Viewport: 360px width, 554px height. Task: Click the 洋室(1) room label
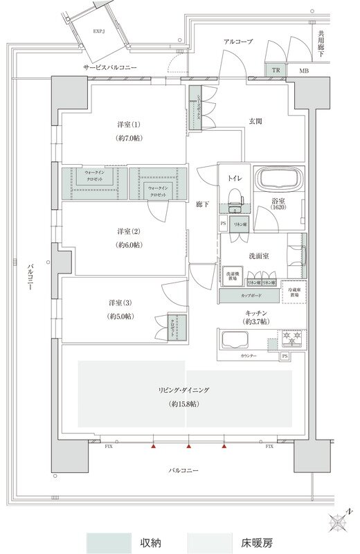tap(128, 125)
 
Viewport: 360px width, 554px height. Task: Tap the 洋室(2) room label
tap(128, 231)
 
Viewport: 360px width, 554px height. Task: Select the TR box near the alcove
tap(275, 71)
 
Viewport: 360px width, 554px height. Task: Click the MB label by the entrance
tap(303, 71)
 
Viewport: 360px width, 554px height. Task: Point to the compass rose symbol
tap(339, 520)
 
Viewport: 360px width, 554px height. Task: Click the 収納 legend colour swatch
tap(108, 542)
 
